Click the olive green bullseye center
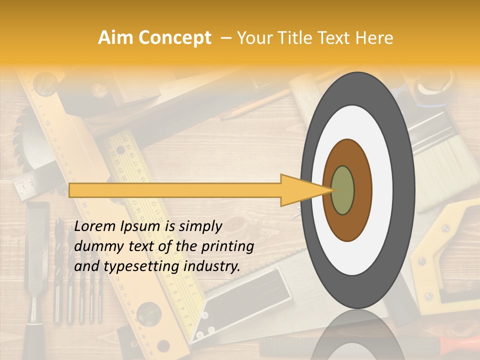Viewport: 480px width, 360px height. pos(343,190)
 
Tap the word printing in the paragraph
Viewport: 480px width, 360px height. pos(227,247)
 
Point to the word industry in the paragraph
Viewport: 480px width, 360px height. pos(212,266)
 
